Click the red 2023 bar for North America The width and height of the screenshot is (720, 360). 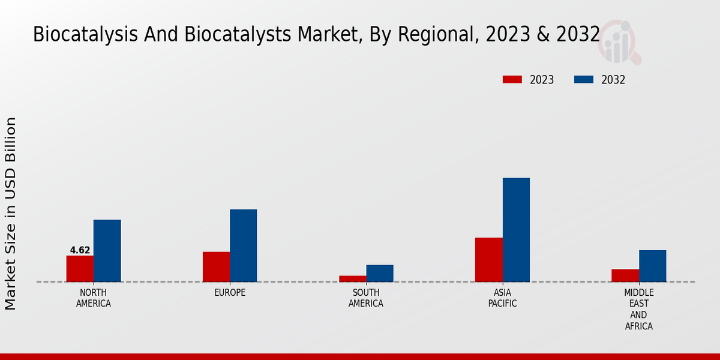pyautogui.click(x=80, y=269)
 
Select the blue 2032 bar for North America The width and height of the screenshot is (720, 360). pyautogui.click(x=107, y=251)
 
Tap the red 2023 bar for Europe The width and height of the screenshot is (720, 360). pyautogui.click(x=216, y=267)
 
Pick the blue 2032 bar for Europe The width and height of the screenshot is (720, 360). pyautogui.click(x=243, y=245)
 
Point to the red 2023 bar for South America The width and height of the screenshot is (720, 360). pyautogui.click(x=352, y=279)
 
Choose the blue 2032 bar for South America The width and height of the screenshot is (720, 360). pyautogui.click(x=380, y=274)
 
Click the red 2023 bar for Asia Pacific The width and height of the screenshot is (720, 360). pyautogui.click(x=488, y=260)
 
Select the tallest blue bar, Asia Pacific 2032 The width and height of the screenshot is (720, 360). pyautogui.click(x=516, y=230)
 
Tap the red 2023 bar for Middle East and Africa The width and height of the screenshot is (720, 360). pyautogui.click(x=625, y=275)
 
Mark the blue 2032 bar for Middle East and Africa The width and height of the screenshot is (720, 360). pyautogui.click(x=652, y=266)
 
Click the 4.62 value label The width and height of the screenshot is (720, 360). pyautogui.click(x=80, y=250)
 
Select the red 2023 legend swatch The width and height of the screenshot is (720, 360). pyautogui.click(x=512, y=80)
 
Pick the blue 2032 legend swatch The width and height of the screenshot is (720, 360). pyautogui.click(x=584, y=80)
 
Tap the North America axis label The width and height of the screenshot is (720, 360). pyautogui.click(x=93, y=298)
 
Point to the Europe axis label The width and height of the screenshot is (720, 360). pyautogui.click(x=230, y=293)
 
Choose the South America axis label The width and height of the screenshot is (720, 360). pyautogui.click(x=366, y=298)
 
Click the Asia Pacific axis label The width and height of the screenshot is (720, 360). pyautogui.click(x=502, y=298)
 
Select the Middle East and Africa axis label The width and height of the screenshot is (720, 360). pyautogui.click(x=638, y=310)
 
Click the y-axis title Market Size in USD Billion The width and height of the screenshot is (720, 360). pyautogui.click(x=11, y=214)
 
